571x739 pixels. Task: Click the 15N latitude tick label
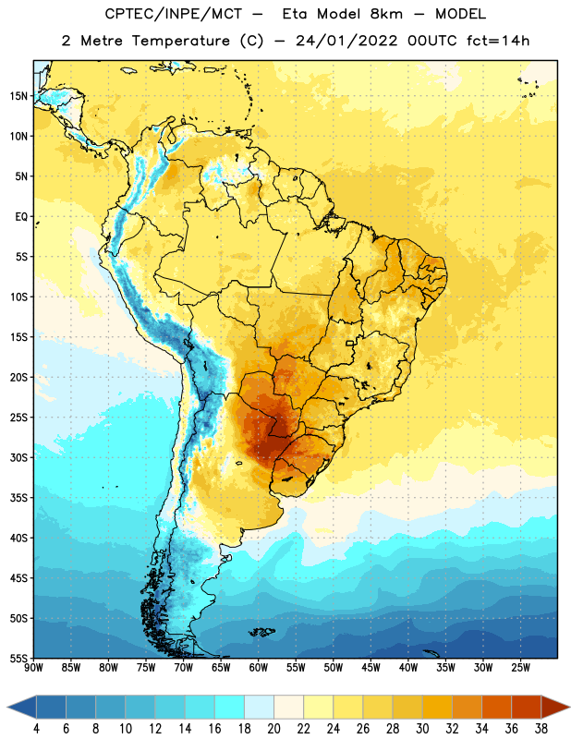[18, 96]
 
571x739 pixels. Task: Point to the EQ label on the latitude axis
[21, 217]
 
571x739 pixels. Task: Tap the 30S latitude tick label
[18, 457]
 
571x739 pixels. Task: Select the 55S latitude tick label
[18, 658]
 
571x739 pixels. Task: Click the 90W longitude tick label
[33, 667]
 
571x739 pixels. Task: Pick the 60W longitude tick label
[259, 667]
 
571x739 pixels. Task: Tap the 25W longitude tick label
[520, 667]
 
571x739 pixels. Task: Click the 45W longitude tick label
[371, 667]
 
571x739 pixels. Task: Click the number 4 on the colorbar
[36, 729]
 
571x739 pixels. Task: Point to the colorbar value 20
[273, 729]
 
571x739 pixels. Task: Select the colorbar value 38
[541, 729]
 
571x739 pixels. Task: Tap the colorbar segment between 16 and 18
[230, 707]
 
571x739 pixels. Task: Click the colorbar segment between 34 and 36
[497, 707]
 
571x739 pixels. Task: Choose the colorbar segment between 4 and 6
[52, 707]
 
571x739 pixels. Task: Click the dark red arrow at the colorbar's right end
[554, 707]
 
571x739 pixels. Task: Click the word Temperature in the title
[180, 41]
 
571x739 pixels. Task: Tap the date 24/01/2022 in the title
[346, 41]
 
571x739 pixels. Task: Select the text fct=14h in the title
[498, 41]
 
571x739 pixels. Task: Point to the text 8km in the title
[386, 14]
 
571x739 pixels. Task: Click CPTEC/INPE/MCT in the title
[174, 14]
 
